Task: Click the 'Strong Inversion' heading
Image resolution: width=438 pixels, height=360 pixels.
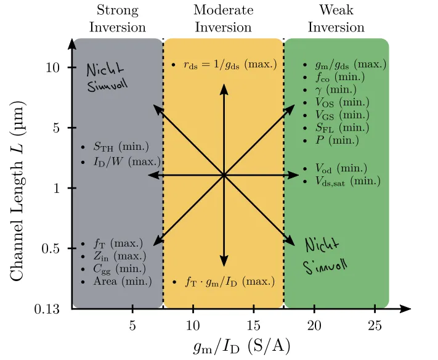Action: click(x=117, y=18)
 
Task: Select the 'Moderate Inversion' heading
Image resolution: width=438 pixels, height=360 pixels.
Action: click(x=223, y=18)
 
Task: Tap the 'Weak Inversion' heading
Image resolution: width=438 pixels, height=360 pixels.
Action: click(x=336, y=18)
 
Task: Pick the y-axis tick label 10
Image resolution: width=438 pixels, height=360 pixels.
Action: click(x=53, y=67)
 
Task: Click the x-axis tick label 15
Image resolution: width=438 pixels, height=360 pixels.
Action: click(x=254, y=325)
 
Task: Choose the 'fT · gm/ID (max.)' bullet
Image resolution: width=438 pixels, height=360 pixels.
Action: click(x=229, y=282)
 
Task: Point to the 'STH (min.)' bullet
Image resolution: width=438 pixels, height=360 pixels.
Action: click(x=121, y=147)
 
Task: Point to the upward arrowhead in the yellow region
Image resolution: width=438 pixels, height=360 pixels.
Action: click(x=224, y=88)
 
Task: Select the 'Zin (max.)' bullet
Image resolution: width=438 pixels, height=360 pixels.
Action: click(x=120, y=256)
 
